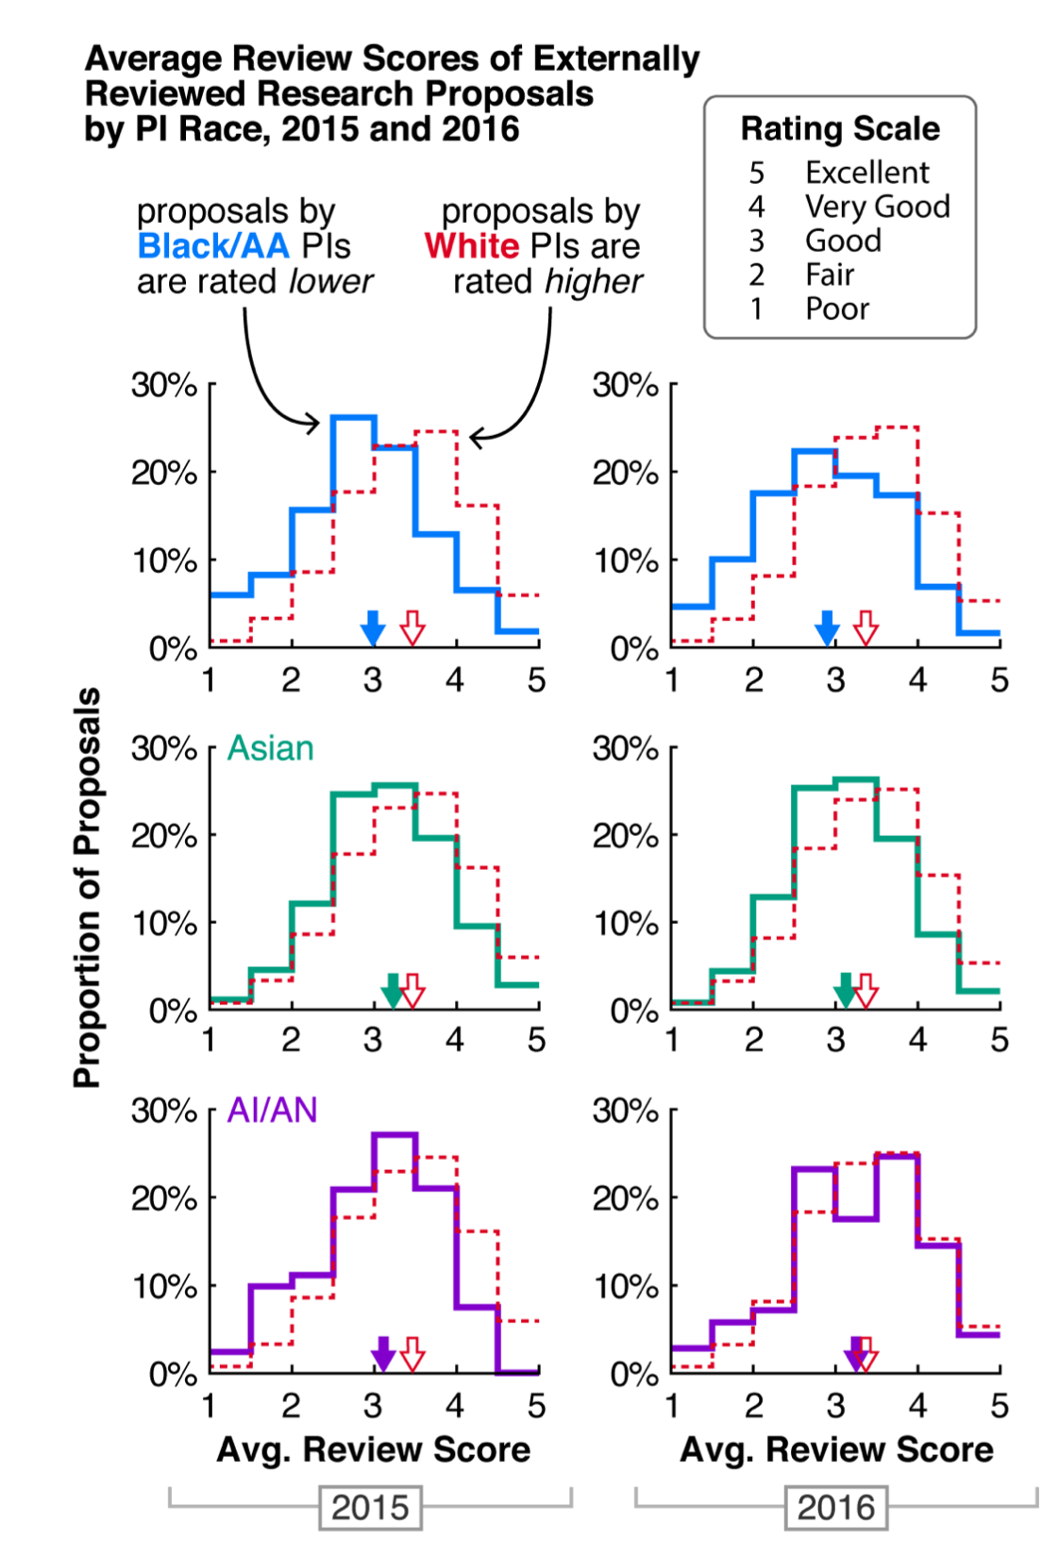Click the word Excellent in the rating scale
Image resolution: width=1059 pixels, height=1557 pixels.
point(866,173)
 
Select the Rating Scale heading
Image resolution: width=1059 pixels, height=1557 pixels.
point(840,128)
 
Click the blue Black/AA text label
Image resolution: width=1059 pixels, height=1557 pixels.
point(213,246)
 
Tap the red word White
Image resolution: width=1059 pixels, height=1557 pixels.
point(471,246)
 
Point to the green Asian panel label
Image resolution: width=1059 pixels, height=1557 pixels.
point(271,748)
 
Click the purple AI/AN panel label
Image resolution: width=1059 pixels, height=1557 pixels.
point(273,1111)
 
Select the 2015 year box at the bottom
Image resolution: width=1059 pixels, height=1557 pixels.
point(370,1507)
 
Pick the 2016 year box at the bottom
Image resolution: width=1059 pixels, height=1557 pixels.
point(835,1507)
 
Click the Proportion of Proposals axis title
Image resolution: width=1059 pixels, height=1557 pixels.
point(87,887)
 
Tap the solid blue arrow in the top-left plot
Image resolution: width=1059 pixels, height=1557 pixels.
point(374,628)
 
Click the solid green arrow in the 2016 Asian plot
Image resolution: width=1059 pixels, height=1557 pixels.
point(846,991)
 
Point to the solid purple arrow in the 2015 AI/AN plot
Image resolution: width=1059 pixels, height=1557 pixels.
point(382,1354)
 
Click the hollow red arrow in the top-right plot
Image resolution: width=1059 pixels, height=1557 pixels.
point(866,628)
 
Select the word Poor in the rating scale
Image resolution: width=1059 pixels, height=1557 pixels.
point(836,309)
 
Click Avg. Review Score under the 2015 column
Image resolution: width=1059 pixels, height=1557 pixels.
point(374,1449)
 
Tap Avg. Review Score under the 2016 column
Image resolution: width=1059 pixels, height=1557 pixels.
point(836,1449)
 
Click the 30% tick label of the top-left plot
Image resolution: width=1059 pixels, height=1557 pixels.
point(164,385)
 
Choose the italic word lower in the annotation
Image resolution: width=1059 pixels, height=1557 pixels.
point(330,281)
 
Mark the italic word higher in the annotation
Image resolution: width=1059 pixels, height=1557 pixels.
point(595,281)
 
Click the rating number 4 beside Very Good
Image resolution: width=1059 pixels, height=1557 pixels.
point(757,207)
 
